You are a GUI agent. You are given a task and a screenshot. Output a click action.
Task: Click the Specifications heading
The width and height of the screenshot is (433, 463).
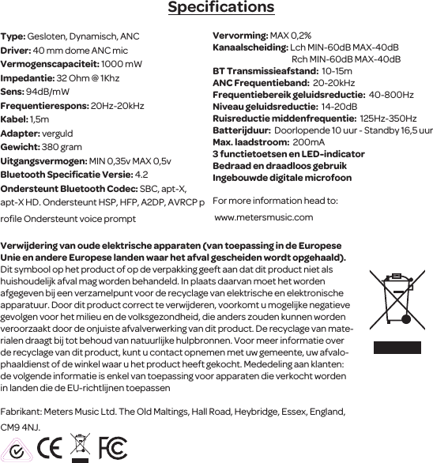click(220, 9)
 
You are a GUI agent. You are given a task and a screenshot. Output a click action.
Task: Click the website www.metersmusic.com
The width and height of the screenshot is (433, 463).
click(263, 217)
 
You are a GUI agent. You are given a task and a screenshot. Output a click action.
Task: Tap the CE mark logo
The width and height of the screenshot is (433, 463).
click(51, 447)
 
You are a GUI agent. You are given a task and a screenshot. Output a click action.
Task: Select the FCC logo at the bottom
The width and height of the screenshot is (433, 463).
click(113, 447)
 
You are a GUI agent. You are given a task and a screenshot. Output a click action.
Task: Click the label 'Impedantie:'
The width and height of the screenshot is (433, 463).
click(28, 79)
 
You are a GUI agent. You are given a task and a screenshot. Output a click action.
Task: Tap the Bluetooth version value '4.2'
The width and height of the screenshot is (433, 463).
click(142, 175)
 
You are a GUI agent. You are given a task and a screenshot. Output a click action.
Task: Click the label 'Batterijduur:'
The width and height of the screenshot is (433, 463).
click(241, 130)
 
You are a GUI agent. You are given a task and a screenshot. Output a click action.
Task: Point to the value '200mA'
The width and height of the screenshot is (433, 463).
click(308, 141)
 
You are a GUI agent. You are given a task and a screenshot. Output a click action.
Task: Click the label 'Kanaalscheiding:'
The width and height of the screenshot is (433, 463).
click(250, 47)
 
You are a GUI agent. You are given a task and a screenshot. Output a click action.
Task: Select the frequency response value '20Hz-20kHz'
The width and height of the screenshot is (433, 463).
click(118, 106)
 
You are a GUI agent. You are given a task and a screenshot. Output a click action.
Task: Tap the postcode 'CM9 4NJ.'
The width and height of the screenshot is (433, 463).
click(21, 427)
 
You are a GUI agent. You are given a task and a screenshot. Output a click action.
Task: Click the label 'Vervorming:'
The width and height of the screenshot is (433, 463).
click(240, 36)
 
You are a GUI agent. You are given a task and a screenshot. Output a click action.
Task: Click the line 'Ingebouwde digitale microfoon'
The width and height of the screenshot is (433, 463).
click(271, 178)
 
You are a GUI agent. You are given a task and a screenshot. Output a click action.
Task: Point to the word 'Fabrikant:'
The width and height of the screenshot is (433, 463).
click(21, 412)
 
